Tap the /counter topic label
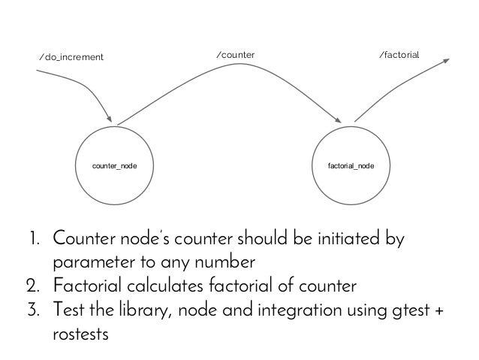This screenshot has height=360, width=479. [235, 55]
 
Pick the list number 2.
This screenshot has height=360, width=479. [34, 287]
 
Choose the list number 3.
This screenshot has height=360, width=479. [34, 310]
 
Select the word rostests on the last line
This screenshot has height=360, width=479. [80, 333]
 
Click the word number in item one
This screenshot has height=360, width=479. [225, 265]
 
